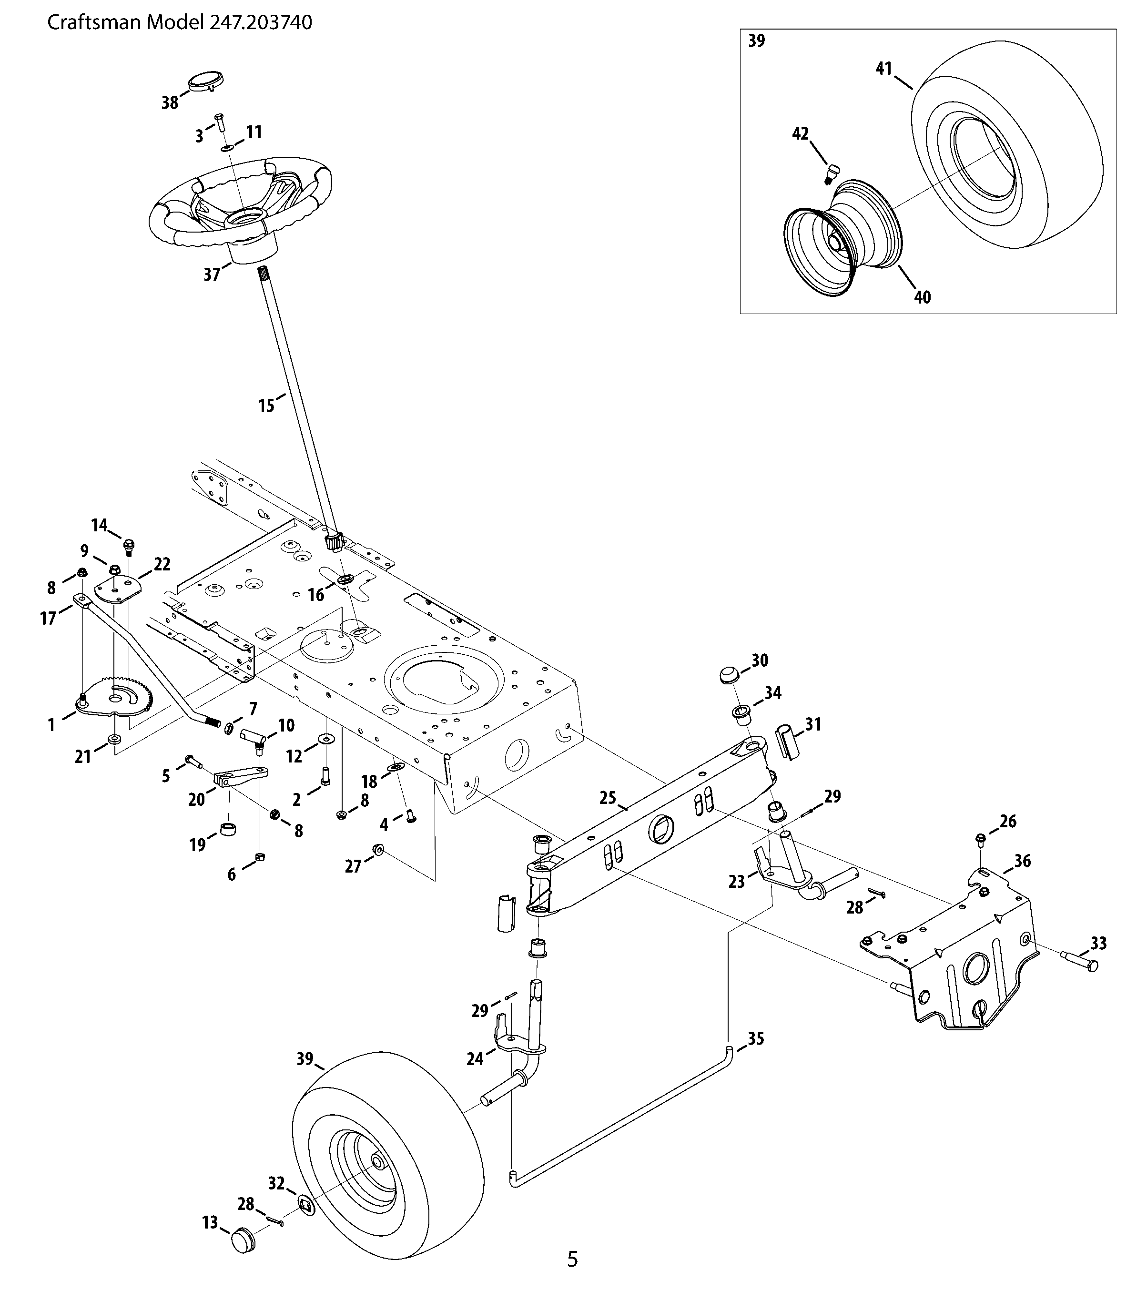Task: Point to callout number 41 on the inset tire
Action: (884, 69)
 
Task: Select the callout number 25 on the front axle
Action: (608, 798)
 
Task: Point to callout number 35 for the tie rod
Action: (756, 1038)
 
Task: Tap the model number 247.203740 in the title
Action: (261, 23)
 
